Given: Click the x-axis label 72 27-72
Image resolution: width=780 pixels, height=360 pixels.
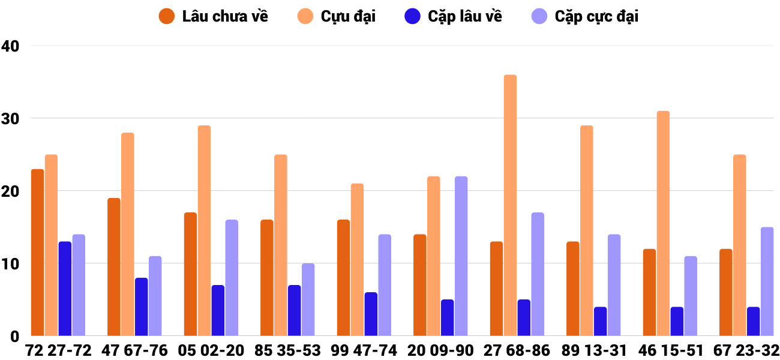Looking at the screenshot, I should [58, 350].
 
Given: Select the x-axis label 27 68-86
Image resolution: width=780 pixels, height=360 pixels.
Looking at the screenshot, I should [517, 350].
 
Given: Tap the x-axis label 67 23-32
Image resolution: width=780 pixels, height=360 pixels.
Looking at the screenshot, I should [746, 350].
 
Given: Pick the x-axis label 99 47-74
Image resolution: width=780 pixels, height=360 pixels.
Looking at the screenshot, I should [364, 350].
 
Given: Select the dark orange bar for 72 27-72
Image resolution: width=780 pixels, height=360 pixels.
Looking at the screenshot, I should [38, 252].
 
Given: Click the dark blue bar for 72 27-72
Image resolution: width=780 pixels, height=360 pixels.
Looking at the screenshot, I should [65, 289].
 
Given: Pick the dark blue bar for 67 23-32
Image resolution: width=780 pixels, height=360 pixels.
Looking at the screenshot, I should [753, 322].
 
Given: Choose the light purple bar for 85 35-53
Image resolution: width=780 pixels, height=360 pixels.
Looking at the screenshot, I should [308, 299].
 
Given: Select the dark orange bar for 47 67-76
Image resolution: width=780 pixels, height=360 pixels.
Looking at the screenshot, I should [114, 267].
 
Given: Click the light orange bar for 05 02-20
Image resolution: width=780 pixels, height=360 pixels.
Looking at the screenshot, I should [204, 230].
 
